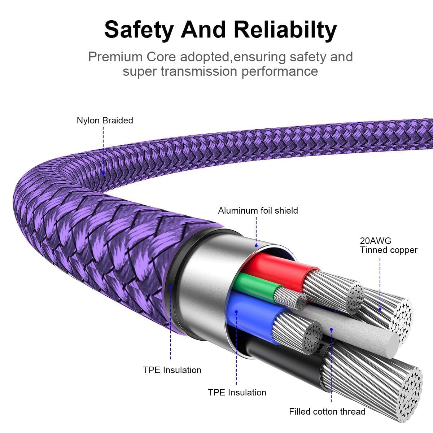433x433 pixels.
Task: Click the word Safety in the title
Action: (x=138, y=30)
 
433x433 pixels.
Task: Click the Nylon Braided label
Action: (x=105, y=120)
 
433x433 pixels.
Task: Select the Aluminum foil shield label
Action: (x=258, y=210)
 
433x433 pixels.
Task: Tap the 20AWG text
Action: (x=375, y=241)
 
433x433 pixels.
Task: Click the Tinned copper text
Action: (x=389, y=250)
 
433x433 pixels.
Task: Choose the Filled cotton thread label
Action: (x=327, y=411)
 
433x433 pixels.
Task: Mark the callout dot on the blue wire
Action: (x=236, y=311)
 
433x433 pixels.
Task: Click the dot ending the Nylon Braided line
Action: (x=103, y=173)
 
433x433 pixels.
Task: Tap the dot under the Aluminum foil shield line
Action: (x=256, y=245)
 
